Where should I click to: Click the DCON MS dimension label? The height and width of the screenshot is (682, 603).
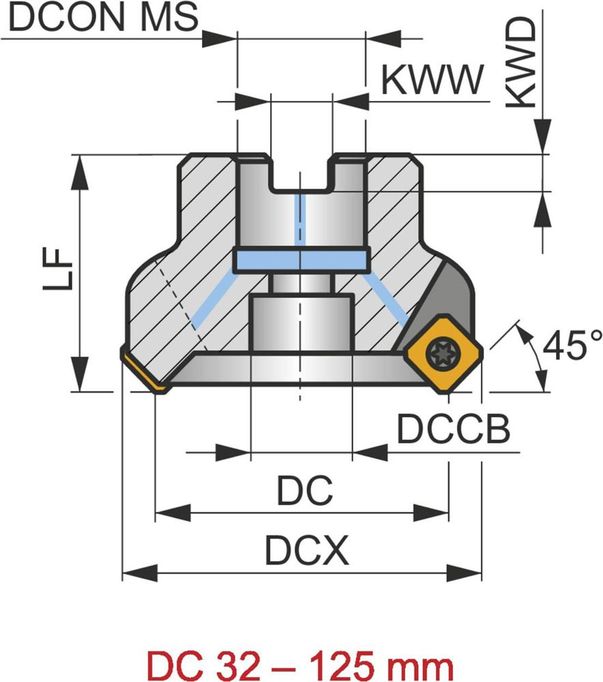(x=104, y=18)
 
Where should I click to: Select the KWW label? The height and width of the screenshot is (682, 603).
(x=432, y=80)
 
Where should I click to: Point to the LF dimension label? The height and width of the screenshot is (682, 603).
(x=58, y=269)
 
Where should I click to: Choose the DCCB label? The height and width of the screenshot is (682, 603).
(x=453, y=430)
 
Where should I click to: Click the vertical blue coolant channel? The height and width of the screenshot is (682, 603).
(x=301, y=218)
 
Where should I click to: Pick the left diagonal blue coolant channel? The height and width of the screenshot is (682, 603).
(x=211, y=300)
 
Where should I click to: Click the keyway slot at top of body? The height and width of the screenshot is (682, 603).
(x=301, y=174)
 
